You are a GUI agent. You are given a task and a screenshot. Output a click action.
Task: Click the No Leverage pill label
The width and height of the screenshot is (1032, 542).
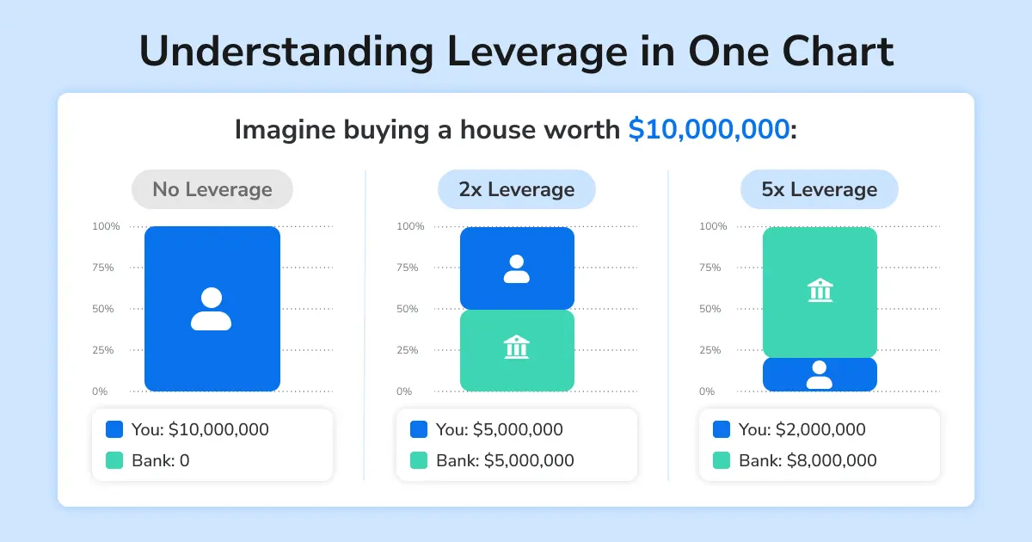point(212,189)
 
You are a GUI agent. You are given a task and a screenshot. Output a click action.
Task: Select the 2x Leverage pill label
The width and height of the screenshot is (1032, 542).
point(516,189)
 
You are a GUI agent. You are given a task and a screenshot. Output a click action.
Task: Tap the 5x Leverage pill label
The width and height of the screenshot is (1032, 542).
point(819,189)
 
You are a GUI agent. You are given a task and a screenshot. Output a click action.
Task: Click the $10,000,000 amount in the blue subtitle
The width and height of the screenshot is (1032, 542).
point(709,130)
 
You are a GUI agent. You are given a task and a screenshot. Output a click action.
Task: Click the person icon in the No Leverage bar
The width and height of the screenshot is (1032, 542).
point(212,309)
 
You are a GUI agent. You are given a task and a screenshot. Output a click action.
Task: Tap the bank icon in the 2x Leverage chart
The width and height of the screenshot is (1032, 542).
point(516,348)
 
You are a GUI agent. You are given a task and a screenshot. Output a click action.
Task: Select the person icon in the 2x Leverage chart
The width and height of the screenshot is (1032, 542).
point(516,268)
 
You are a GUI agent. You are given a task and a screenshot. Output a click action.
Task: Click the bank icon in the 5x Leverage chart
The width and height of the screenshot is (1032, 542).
point(820,290)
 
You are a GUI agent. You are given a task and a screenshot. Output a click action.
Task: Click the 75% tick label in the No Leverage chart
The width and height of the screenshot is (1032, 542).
point(103,268)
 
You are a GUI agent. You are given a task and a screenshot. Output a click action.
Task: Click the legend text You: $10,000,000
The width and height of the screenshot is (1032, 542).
point(200,429)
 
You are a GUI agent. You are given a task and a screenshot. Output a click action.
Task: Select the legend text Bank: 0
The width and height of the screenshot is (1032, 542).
point(160,460)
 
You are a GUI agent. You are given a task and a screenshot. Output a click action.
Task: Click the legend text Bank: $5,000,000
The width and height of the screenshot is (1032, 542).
point(504,460)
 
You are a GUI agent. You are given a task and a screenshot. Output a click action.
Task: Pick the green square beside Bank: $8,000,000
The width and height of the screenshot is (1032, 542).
point(722,460)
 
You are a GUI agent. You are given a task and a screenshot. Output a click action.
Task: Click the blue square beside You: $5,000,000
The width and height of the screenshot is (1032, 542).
point(419,429)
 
